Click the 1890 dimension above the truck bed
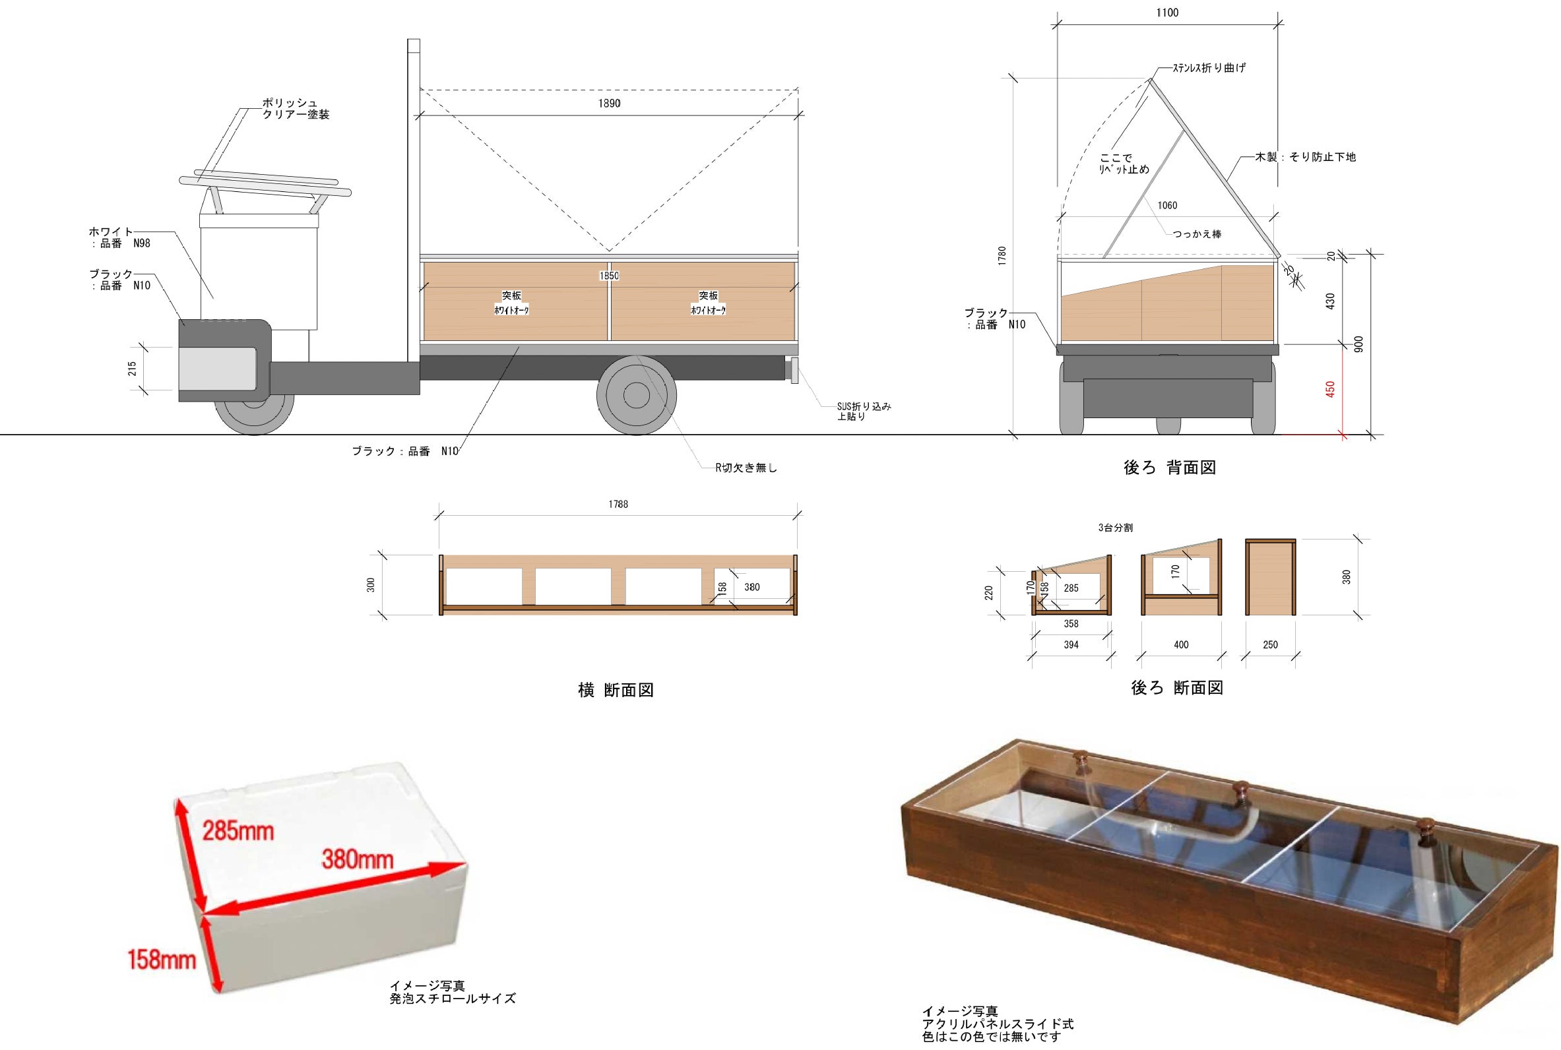[609, 104]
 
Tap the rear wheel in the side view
[635, 395]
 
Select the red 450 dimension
[1330, 389]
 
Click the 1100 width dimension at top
[1167, 13]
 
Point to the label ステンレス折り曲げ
[1209, 68]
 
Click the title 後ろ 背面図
[1169, 468]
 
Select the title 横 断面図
[616, 691]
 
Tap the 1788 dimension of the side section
[618, 505]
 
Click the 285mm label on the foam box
[238, 831]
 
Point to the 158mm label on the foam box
[162, 960]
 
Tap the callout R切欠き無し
[746, 468]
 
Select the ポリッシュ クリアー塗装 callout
[296, 108]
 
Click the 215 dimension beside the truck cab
[132, 368]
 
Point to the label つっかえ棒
[1197, 234]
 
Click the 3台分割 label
[1115, 528]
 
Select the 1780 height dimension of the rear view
[1002, 255]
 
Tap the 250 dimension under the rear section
[1269, 645]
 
